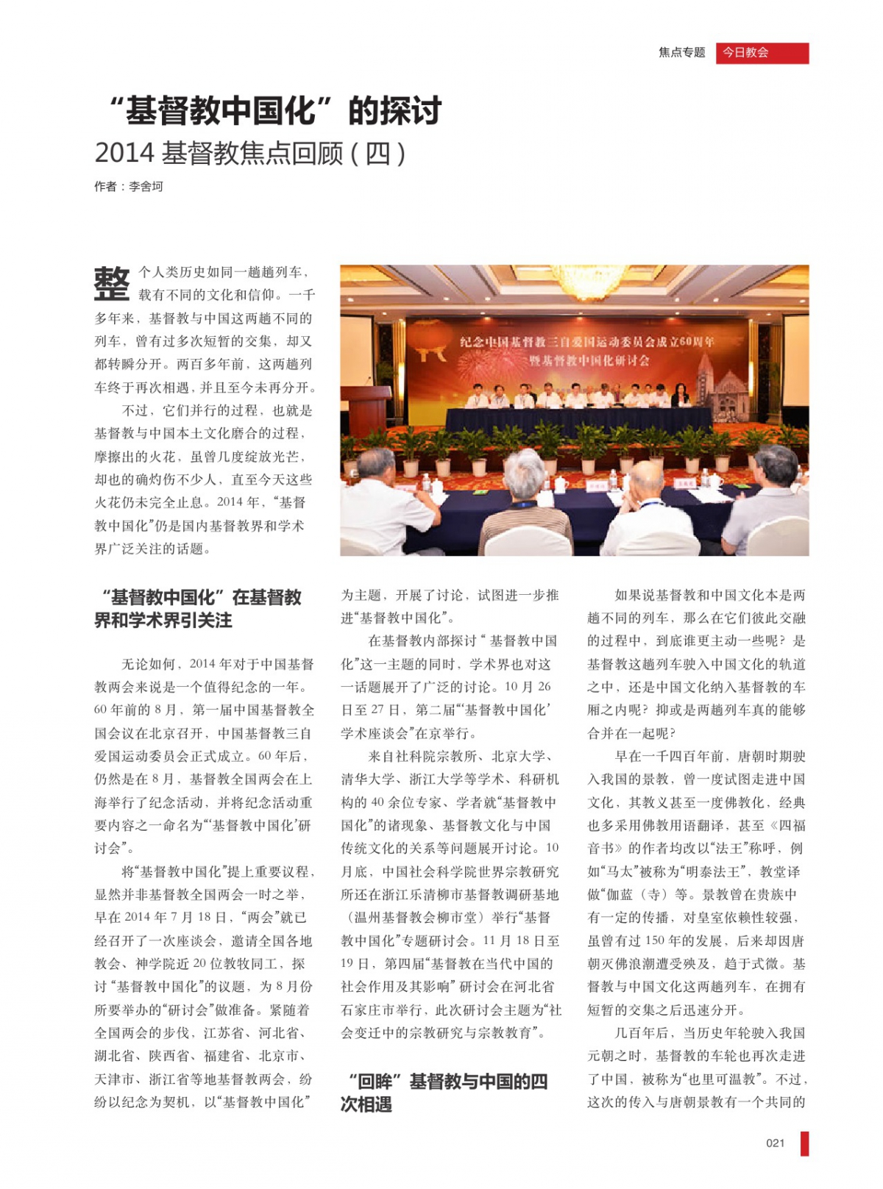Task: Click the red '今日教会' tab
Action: [762, 53]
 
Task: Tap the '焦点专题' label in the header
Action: [681, 53]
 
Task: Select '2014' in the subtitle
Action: [124, 153]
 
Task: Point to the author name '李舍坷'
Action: [146, 187]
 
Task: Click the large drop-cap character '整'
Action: [112, 284]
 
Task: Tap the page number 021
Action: [775, 1143]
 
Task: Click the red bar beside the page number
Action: [804, 1143]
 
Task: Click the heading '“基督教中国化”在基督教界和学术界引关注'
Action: [198, 608]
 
